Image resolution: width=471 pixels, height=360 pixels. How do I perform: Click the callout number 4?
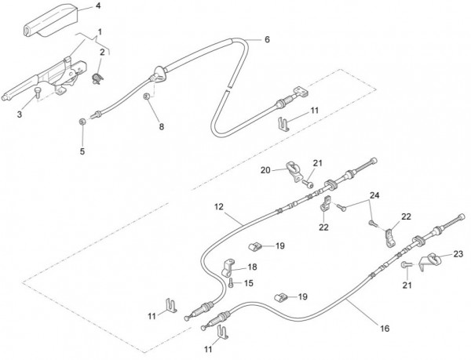(x=98, y=6)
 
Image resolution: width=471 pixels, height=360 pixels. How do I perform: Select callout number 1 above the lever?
(x=99, y=32)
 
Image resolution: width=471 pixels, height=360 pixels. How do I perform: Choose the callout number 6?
(x=266, y=39)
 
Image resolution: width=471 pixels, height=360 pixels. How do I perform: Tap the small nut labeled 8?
(x=147, y=98)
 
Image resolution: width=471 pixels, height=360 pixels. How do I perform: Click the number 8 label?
(x=162, y=125)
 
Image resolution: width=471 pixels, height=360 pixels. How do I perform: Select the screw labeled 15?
(x=234, y=283)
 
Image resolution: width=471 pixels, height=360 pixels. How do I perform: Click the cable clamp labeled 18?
(x=229, y=267)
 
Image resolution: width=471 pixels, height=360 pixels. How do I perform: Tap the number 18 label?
(x=252, y=267)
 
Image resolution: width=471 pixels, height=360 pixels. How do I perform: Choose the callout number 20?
(x=265, y=169)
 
